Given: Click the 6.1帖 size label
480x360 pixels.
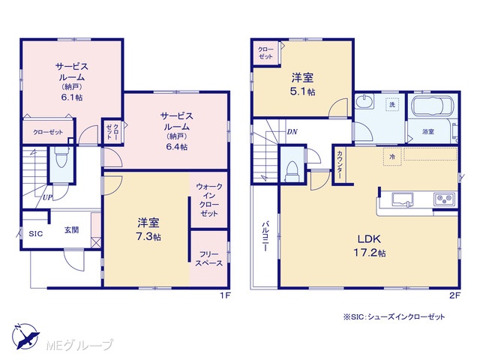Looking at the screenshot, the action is click(72, 97).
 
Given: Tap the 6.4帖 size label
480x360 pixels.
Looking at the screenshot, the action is click(177, 147).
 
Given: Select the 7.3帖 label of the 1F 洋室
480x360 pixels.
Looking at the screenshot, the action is click(148, 237).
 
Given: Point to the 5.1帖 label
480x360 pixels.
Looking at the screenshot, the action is click(302, 91).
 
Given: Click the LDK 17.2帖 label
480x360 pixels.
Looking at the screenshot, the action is click(370, 246).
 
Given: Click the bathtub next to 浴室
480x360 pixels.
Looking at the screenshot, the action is click(432, 106).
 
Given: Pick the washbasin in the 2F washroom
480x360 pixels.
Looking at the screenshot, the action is click(365, 101).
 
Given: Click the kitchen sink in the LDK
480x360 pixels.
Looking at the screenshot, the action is click(402, 199).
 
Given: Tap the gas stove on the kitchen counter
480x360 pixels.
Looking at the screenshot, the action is click(444, 199).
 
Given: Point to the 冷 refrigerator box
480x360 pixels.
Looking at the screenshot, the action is click(392, 157).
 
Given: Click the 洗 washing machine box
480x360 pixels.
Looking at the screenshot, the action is click(392, 104).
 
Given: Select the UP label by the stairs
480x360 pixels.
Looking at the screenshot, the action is click(47, 197).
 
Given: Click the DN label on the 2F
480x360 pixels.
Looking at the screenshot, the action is click(292, 132).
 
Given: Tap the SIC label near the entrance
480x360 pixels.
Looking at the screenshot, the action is click(36, 234).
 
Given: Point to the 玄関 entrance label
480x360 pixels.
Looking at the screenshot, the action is click(72, 230).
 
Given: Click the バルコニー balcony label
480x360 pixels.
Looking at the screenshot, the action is click(265, 236).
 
